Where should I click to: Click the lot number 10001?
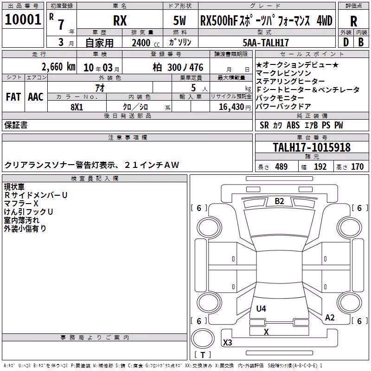23,19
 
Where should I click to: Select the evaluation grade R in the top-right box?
353,21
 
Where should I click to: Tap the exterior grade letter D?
346,42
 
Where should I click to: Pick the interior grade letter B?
361,42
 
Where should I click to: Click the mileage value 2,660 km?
58,67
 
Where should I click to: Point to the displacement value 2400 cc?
146,43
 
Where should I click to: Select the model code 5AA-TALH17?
266,43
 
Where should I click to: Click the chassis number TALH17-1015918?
312,147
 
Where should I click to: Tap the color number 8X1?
77,107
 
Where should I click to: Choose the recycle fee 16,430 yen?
235,107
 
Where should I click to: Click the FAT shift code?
13,97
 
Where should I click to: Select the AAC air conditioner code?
36,97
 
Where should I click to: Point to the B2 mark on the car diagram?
279,201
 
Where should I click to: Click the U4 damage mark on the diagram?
261,308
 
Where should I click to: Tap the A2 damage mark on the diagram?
330,318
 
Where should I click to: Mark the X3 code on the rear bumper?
228,342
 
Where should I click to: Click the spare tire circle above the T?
203,339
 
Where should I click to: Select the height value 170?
357,167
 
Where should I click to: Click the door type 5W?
179,20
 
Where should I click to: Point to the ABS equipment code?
293,125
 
